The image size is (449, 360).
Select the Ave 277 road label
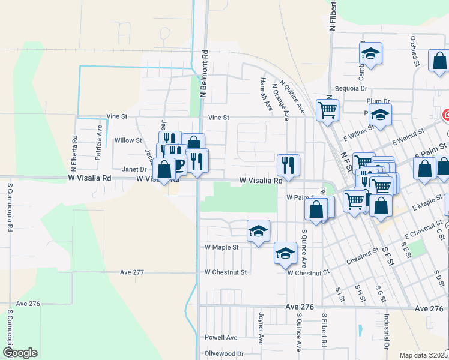pyautogui.click(x=132, y=272)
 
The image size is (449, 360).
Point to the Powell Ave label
pyautogui.click(x=221, y=337)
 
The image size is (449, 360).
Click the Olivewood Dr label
pyautogui.click(x=226, y=353)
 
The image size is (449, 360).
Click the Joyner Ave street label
pyautogui.click(x=261, y=327)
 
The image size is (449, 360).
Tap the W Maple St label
pyautogui.click(x=221, y=247)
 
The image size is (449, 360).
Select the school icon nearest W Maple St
pyautogui.click(x=259, y=230)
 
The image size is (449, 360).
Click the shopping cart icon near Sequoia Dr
pyautogui.click(x=327, y=110)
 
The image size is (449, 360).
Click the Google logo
pyautogui.click(x=20, y=353)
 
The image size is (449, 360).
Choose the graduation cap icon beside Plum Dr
pyautogui.click(x=380, y=114)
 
